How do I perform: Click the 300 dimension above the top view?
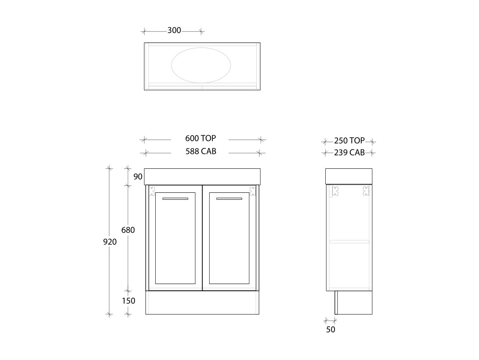point(174,30)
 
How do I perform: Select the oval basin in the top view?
point(201,66)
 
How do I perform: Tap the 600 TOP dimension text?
point(200,138)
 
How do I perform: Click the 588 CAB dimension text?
point(201,152)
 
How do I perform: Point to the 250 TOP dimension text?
point(349,141)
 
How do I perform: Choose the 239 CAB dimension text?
point(349,152)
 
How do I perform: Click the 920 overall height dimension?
point(110,242)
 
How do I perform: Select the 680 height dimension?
point(128,230)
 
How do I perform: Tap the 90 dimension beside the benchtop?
point(138,176)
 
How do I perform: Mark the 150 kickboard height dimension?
point(129,301)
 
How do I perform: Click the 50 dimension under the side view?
point(331,330)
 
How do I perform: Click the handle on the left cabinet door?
point(175,198)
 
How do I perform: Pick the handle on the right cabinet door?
point(229,198)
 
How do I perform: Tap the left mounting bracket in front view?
point(152,192)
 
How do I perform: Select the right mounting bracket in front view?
point(252,191)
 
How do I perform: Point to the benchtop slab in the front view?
point(202,176)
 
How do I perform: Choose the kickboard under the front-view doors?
point(202,302)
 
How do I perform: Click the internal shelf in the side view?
point(349,242)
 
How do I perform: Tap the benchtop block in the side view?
point(349,176)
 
